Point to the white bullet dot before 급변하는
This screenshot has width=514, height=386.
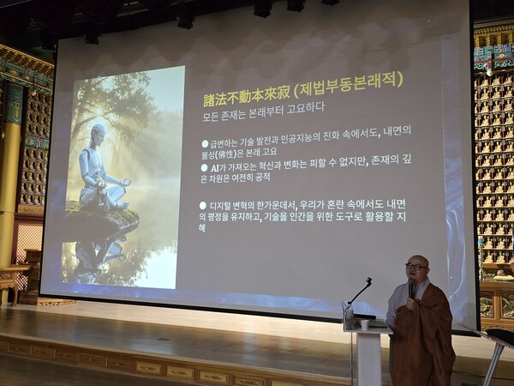tap(204, 142)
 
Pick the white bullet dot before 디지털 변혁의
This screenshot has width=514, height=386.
tap(202, 205)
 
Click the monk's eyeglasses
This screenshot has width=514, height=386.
tap(415, 267)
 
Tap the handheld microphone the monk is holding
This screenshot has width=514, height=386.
tap(411, 289)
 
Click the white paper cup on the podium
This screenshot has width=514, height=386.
tap(363, 324)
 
